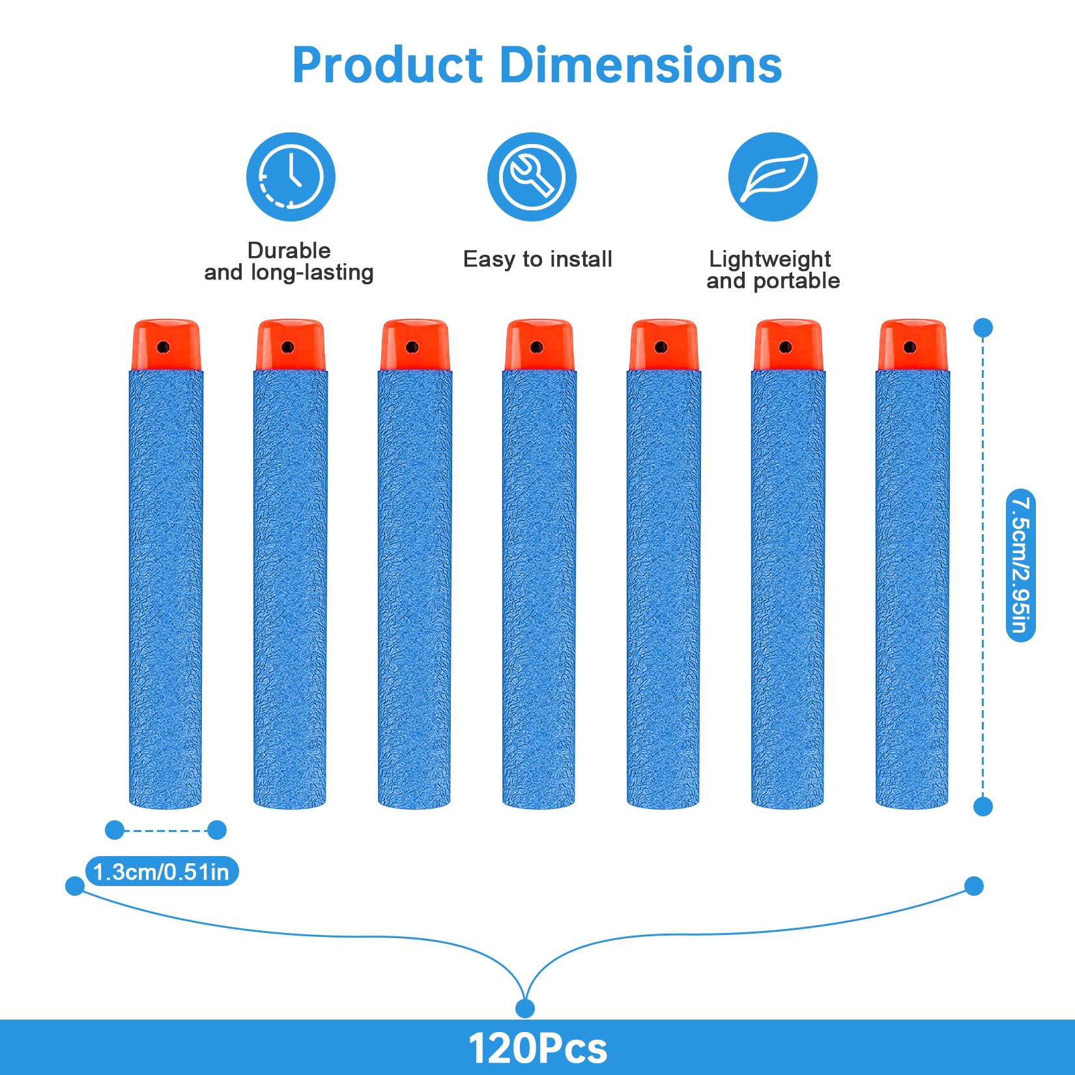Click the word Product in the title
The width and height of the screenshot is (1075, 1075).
388,65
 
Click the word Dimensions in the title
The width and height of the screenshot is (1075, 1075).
641,65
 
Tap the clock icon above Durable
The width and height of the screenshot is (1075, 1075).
291,177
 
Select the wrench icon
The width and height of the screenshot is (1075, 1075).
532,177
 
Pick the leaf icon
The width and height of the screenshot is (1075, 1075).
773,177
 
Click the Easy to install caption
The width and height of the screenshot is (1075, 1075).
537,259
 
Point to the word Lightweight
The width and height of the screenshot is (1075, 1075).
769,259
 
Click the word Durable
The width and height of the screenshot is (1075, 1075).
289,250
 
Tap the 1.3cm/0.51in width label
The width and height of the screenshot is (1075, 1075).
162,872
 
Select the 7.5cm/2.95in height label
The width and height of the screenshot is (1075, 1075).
1020,566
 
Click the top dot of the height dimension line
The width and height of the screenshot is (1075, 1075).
982,328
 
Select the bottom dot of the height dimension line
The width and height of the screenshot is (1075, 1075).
982,807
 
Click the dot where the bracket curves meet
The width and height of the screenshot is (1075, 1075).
524,1009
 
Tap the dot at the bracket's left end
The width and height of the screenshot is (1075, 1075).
75,886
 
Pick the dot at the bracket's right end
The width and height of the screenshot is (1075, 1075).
974,886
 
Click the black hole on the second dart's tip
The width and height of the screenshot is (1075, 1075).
288,347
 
